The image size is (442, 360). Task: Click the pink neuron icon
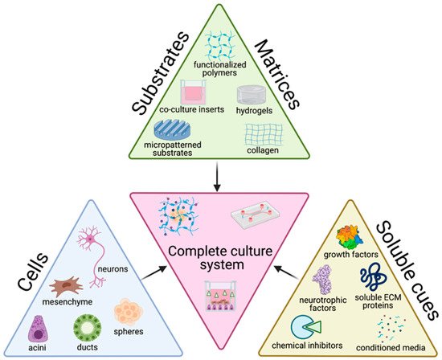90,239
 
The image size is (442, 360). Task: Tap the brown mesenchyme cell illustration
67,286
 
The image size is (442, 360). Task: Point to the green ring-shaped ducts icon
88,329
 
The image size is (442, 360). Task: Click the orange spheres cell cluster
129,313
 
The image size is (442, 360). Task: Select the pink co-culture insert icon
193,92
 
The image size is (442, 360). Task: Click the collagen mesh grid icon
264,134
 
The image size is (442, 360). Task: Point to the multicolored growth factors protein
350,237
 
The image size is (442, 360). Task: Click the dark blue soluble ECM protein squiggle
374,277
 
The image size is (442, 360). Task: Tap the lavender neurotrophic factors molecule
322,280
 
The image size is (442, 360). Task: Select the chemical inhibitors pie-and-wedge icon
305,327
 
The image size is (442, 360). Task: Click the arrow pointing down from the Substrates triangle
217,177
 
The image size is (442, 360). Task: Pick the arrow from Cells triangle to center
154,272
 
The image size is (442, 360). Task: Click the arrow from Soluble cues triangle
287,272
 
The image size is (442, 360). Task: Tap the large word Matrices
276,74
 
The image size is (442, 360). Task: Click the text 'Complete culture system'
220,258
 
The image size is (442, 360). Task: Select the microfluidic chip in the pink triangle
256,215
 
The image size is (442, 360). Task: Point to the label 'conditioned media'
391,348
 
